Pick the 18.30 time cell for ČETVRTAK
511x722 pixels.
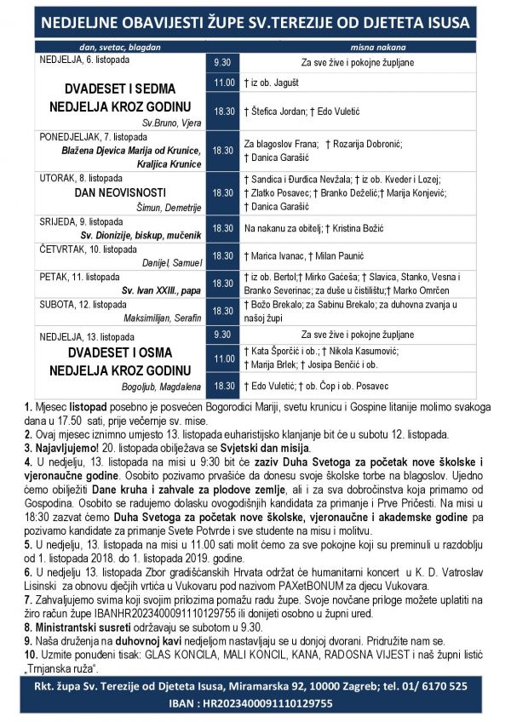[223, 255]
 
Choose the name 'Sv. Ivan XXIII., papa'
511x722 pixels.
[162, 290]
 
